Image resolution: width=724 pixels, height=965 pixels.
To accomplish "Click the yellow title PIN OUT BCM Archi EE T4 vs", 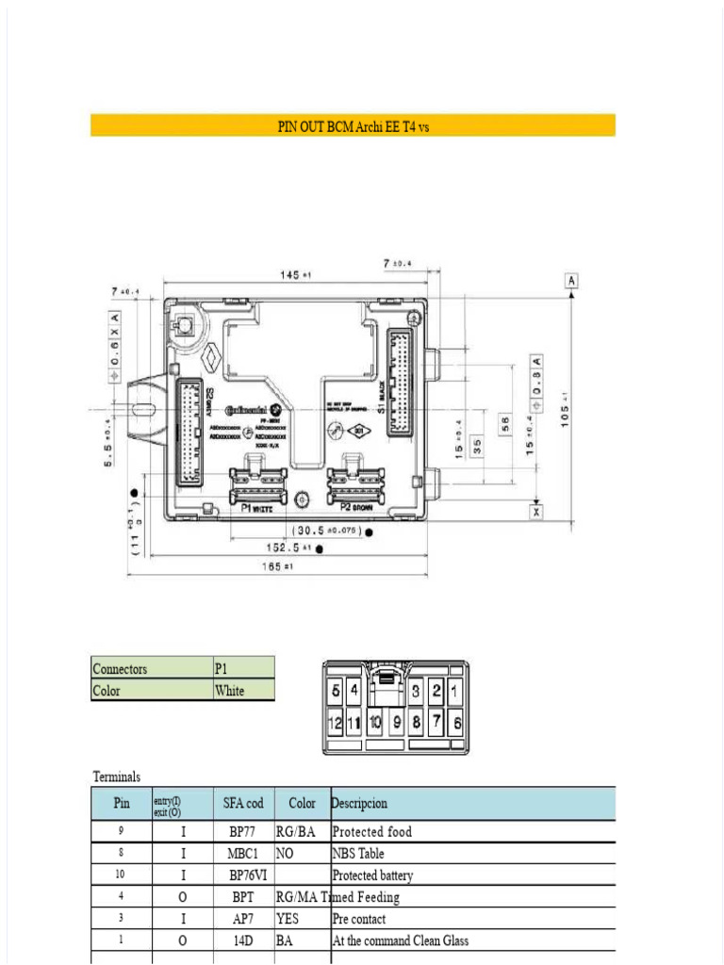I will pos(353,126).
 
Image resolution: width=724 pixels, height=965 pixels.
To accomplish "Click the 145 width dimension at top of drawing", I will pos(295,274).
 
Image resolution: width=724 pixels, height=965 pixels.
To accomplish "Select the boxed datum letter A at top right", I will pos(571,280).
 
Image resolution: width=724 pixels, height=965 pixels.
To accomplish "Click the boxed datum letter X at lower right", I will pos(536,512).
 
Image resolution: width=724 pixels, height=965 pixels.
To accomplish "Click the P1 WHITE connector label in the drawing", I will pos(256,509).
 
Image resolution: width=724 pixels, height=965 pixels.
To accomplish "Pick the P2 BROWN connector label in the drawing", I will pos(352,509).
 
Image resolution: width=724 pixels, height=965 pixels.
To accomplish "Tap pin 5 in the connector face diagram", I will pos(335,691).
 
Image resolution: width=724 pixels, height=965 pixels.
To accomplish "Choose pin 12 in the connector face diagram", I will pos(334,724).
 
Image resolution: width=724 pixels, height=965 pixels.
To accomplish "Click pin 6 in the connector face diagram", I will pos(456,724).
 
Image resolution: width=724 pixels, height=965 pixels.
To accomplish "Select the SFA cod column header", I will pos(243,804).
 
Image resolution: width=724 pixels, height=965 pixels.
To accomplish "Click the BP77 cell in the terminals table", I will pos(243,832).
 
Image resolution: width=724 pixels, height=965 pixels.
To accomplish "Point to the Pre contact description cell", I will pos(359,919).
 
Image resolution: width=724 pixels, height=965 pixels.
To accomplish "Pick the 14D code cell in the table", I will pos(243,940).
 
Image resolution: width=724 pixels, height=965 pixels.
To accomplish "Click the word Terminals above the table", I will pos(117,777).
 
